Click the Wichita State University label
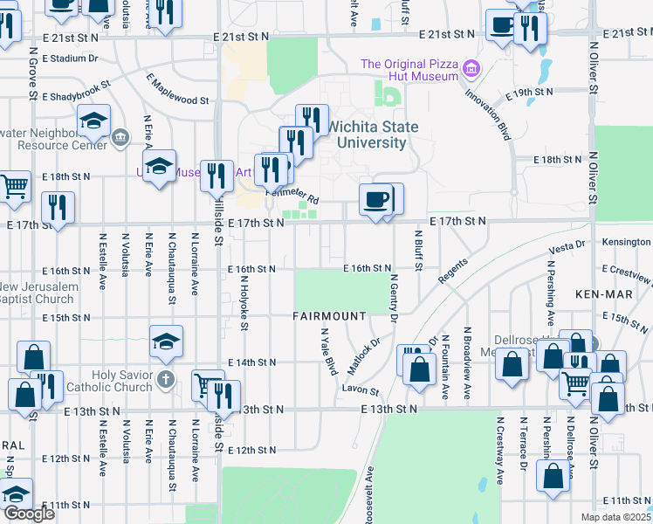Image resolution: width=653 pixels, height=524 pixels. (377, 134)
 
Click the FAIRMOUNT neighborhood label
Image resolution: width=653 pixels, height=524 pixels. (329, 315)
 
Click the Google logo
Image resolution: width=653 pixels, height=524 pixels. (29, 514)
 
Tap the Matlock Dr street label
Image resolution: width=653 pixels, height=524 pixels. (366, 355)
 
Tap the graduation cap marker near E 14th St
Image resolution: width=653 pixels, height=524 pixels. (166, 342)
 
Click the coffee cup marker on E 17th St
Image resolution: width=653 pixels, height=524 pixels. (376, 200)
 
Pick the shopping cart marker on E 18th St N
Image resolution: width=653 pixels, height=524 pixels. (13, 186)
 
